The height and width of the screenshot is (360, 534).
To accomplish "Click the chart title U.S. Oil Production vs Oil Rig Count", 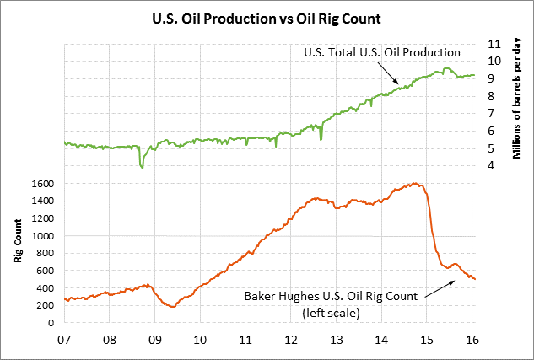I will pos(267,16).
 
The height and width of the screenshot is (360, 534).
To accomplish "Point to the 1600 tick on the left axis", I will pos(44,183).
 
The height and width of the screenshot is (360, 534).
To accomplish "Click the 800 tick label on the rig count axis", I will pos(47,253).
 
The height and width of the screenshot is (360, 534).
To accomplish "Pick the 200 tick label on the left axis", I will pos(47,305).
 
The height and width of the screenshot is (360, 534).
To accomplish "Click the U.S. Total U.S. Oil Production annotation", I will pos(380,52).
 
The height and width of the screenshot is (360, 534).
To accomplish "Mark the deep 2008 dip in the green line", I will pos(142,167).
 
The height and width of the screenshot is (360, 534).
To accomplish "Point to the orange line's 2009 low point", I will pos(174,306).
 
